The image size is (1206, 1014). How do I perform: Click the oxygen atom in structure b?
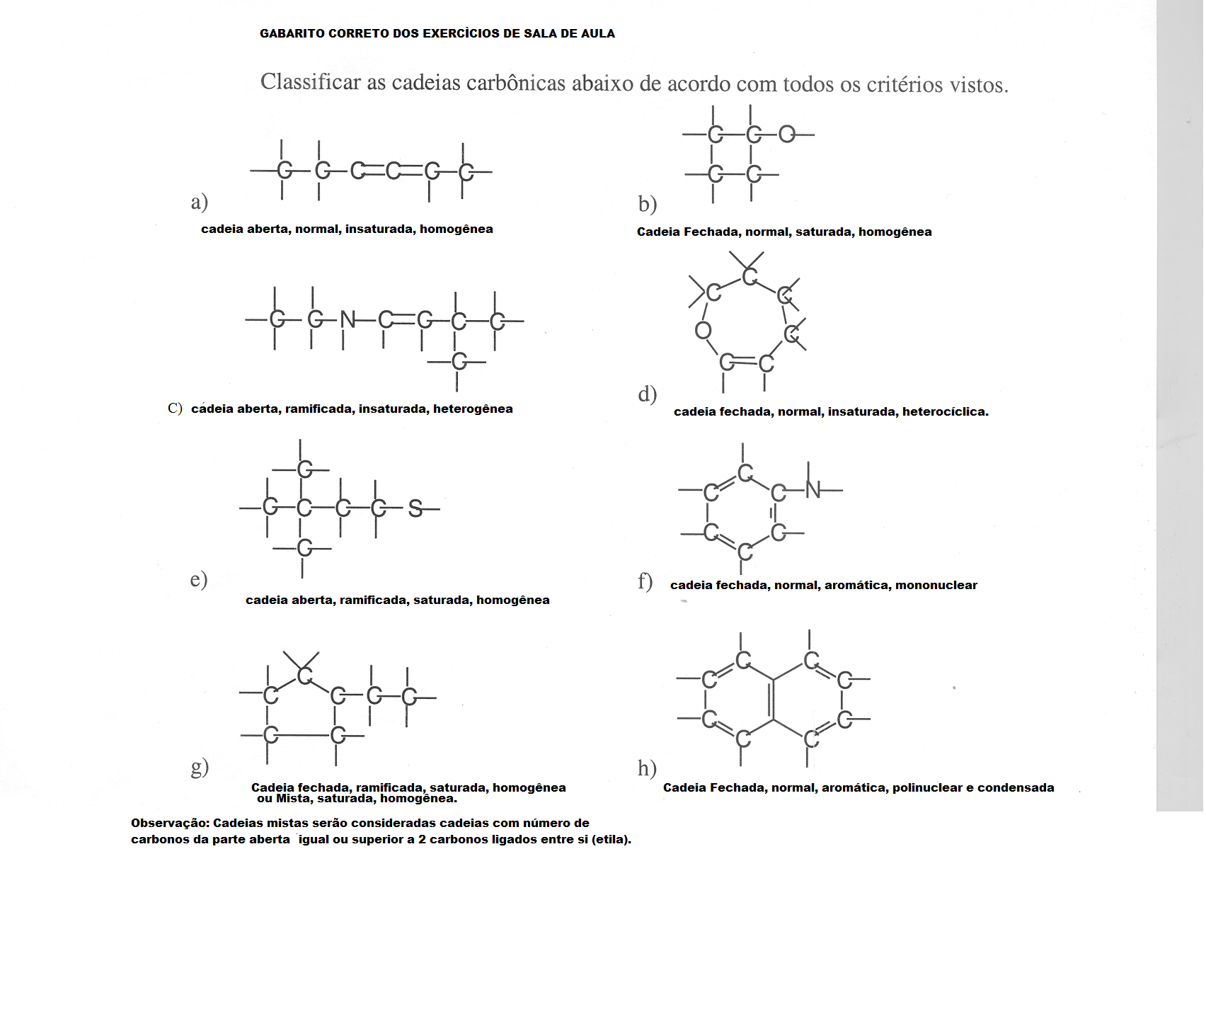tap(787, 134)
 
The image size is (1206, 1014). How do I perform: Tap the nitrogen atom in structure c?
tap(348, 320)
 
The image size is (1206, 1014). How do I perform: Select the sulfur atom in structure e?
tap(415, 508)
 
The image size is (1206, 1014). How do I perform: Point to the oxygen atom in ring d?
tap(703, 330)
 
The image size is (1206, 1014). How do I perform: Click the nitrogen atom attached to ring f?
tap(813, 489)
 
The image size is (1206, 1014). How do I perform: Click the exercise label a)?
tap(199, 202)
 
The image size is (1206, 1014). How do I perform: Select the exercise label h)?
tap(647, 768)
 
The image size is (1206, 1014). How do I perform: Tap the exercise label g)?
tap(200, 767)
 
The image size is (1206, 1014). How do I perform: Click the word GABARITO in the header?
tap(292, 33)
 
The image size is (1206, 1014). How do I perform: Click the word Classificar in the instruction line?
tap(310, 82)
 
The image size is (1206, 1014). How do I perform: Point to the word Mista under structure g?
tap(292, 799)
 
